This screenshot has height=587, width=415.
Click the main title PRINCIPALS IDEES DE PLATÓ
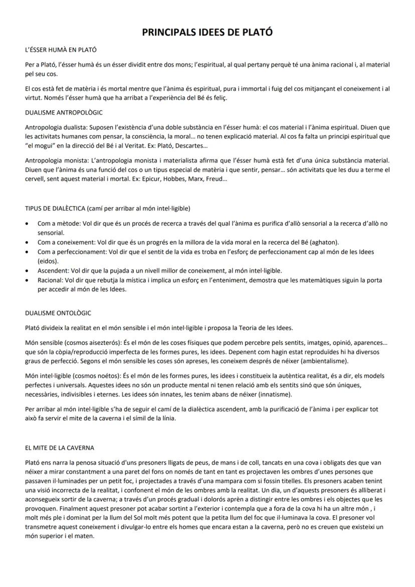[207, 33]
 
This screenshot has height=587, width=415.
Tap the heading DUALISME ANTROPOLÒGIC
[64, 112]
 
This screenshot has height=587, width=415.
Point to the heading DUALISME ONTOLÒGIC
[58, 313]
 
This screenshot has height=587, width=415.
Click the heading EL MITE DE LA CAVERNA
[60, 448]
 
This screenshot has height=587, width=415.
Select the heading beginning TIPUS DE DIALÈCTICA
[107, 208]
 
